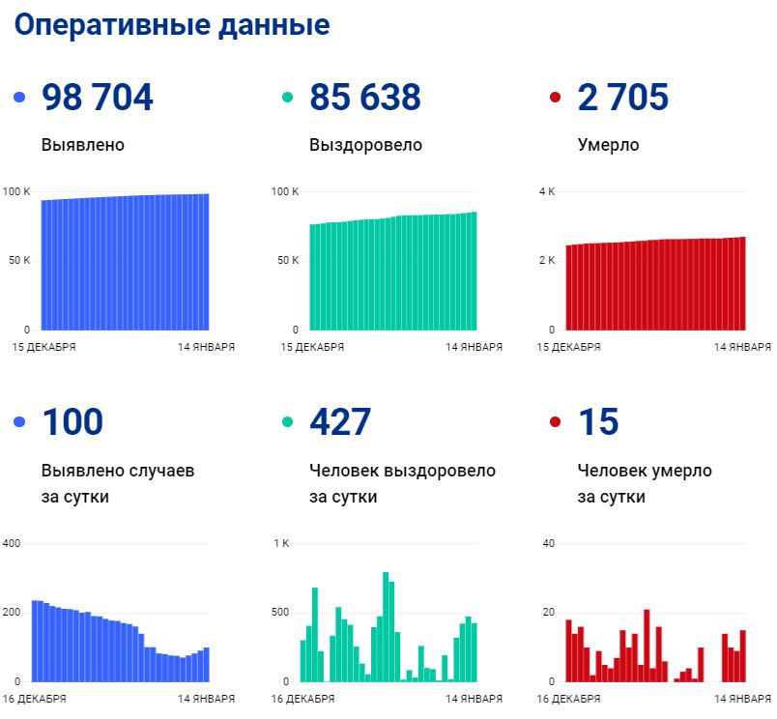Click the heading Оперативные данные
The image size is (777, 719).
click(172, 25)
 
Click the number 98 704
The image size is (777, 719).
click(98, 98)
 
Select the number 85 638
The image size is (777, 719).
click(365, 98)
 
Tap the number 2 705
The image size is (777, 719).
click(622, 98)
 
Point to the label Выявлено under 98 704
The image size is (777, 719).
click(83, 146)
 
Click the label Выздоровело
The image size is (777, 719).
click(365, 146)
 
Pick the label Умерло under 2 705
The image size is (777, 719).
click(608, 146)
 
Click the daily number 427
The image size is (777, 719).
click(340, 422)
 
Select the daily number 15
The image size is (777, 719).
click(597, 422)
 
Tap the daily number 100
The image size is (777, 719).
click(72, 422)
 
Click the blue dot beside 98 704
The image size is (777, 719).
click(19, 99)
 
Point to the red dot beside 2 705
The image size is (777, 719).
click(555, 99)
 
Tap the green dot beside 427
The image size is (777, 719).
click(287, 423)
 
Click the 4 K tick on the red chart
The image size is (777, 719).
click(546, 191)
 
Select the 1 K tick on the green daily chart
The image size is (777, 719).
click(281, 543)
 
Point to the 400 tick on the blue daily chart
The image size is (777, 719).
click(12, 543)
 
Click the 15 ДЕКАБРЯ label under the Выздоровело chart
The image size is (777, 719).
click(314, 347)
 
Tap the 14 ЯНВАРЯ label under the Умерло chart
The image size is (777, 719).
click(742, 347)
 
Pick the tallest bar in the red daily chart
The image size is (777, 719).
click(647, 645)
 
